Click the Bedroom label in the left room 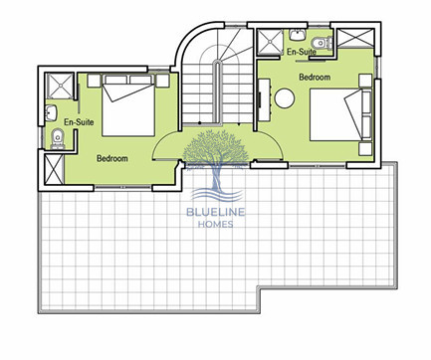pyautogui.click(x=112, y=158)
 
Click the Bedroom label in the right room pyautogui.click(x=315, y=77)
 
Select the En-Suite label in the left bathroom pyautogui.click(x=78, y=121)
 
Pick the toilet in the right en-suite pyautogui.click(x=316, y=42)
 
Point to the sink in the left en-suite pyautogui.click(x=50, y=109)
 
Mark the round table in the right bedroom pyautogui.click(x=286, y=97)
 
